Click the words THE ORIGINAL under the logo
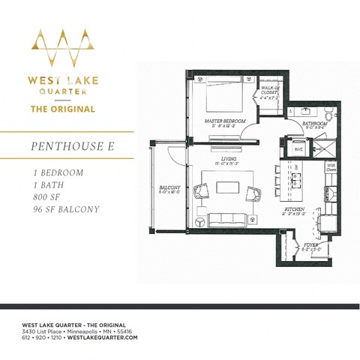click(62, 109)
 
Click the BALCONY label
click(168, 188)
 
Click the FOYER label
click(309, 245)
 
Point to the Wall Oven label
click(331, 167)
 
